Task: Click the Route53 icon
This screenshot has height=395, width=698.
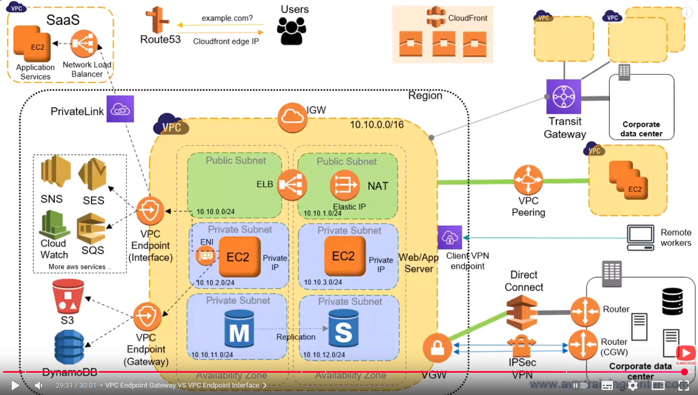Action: click(157, 20)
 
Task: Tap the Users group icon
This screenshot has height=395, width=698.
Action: click(292, 31)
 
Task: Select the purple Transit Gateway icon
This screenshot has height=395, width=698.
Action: click(564, 97)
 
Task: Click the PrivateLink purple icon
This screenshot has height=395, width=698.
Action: click(120, 109)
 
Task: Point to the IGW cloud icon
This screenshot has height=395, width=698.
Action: click(292, 118)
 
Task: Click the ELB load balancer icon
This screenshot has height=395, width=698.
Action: click(292, 185)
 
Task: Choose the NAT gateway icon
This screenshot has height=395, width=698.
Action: click(345, 185)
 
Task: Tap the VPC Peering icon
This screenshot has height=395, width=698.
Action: click(528, 180)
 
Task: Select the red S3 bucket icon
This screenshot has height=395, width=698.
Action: click(68, 296)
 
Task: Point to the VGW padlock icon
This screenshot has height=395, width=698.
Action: click(437, 348)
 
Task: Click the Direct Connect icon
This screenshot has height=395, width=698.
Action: click(522, 313)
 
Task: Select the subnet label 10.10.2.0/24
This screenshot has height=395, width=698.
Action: click(215, 282)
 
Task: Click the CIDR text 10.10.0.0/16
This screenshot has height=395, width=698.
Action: click(377, 124)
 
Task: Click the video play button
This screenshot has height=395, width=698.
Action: click(15, 385)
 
